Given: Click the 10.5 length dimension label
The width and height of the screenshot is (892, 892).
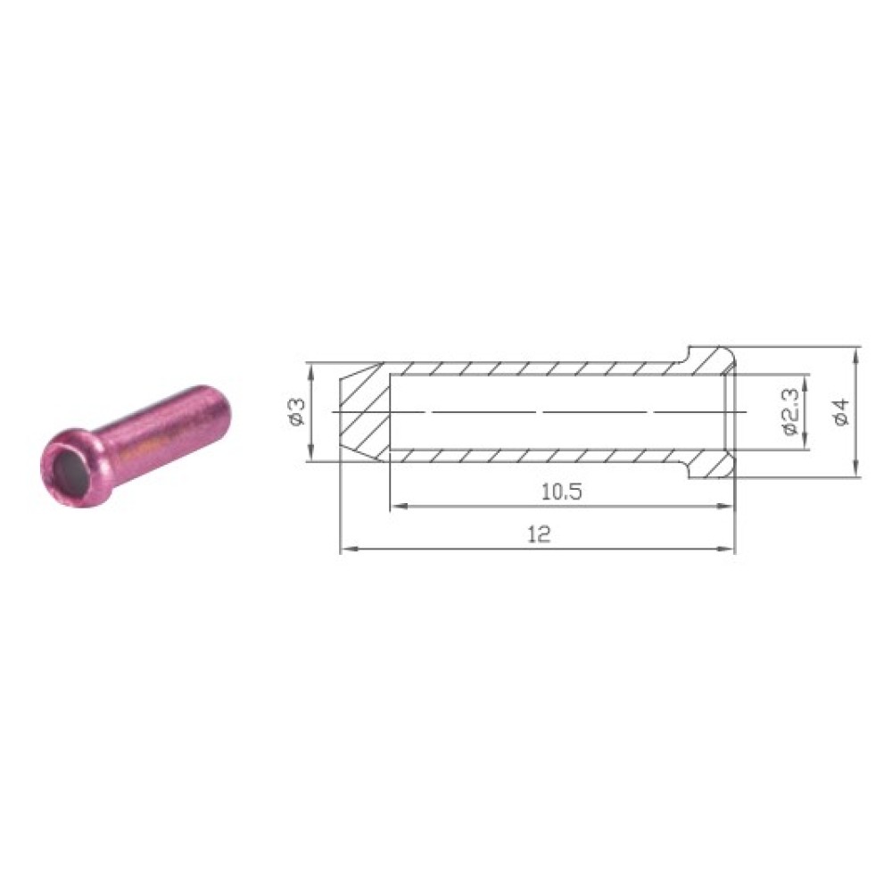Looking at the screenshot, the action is [561, 491].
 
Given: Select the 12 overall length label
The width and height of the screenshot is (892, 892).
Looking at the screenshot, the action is [539, 534].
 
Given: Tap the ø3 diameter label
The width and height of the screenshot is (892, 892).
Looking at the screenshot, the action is [299, 411].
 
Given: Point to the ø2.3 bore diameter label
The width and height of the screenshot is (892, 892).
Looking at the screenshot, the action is [790, 411].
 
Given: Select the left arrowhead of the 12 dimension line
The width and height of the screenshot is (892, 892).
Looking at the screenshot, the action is [348, 549].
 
